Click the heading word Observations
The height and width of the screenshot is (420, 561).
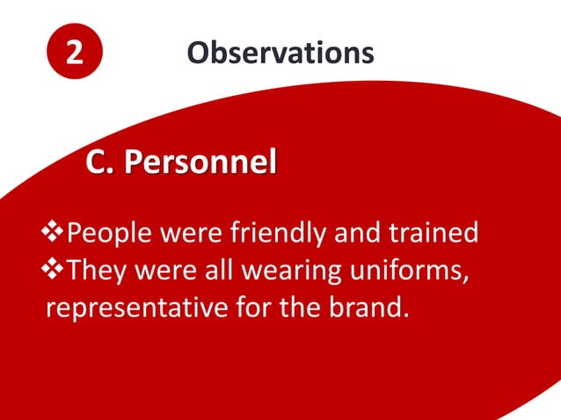point(280,53)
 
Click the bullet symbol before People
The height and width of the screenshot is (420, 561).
point(55,233)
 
